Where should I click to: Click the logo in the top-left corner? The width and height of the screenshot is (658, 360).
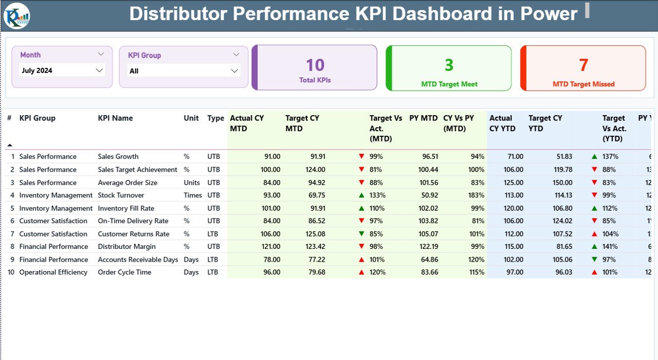click(x=17, y=15)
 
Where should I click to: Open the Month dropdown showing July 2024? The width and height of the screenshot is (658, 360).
click(x=62, y=70)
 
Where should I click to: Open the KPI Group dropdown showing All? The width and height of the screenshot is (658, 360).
click(x=184, y=71)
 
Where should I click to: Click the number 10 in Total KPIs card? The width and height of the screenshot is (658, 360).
click(x=315, y=65)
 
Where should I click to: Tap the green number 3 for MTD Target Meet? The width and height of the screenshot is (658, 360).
click(x=449, y=65)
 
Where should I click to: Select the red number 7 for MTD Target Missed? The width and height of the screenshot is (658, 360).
click(x=583, y=65)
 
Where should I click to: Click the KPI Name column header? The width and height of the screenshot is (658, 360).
click(x=115, y=118)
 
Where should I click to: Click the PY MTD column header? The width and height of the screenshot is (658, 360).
click(x=423, y=118)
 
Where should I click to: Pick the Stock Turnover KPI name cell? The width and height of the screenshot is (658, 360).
click(x=121, y=195)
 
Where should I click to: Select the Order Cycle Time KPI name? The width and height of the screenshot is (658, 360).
click(x=124, y=273)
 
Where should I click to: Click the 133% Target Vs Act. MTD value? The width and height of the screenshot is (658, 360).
click(x=377, y=195)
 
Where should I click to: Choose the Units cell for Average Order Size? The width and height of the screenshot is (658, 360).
click(x=191, y=183)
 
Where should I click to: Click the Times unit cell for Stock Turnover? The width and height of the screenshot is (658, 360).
click(x=193, y=195)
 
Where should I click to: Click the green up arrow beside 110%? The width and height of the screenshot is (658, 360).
click(x=361, y=208)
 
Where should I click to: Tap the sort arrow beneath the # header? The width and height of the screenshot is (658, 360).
click(x=9, y=145)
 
